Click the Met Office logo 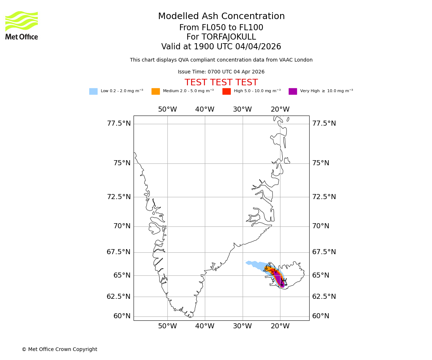pos(22,25)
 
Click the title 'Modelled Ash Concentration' pos(221,17)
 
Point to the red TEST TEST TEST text pos(221,83)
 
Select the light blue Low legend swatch pos(93,91)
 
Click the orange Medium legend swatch pos(156,91)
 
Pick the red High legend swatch pos(226,91)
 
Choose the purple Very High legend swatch pos(293,91)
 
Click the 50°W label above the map pos(167,109)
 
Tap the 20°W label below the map pos(280,326)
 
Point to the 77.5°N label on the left pos(119,123)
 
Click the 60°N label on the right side pos(320,316)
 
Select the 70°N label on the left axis pos(122,226)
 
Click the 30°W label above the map pos(242,109)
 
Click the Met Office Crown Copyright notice pos(59,349)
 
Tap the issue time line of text pos(221,72)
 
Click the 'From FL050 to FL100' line pos(221,28)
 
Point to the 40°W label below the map pos(205,326)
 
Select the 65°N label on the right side pos(320,275)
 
